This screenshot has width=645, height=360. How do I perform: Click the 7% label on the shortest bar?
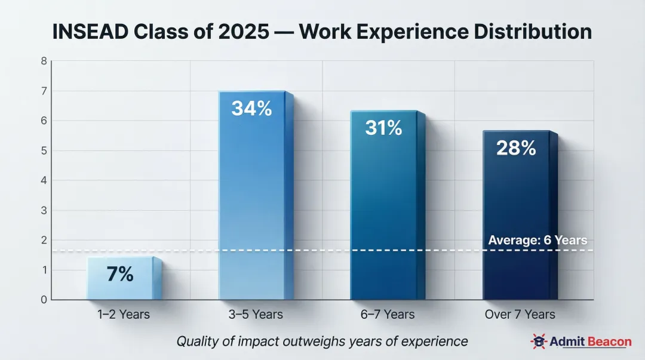(120, 274)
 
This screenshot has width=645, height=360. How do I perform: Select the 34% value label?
(251, 109)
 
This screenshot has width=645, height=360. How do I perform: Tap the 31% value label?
(383, 127)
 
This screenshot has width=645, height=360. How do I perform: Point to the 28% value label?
(516, 147)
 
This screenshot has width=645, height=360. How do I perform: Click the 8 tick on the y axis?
(44, 61)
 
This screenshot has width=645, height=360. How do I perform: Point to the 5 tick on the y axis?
(44, 150)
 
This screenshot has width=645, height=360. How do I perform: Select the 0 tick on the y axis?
(44, 300)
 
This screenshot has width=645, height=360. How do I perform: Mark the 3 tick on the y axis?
(44, 210)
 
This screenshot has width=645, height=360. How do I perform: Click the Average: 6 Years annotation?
(537, 241)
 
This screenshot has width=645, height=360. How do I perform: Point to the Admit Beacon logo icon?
(539, 342)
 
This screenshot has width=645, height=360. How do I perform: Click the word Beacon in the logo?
(608, 342)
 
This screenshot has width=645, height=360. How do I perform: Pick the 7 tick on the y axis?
(44, 91)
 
